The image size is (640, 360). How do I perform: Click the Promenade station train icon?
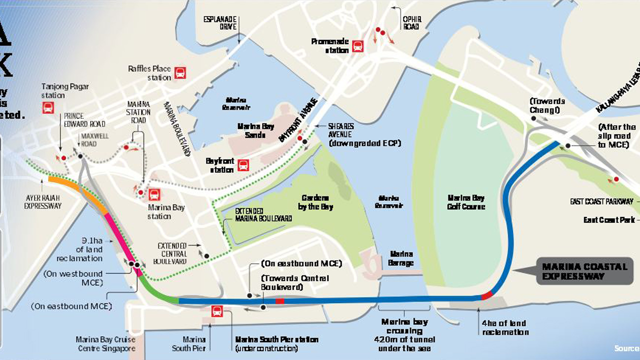357,46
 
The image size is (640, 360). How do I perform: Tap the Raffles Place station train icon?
180,73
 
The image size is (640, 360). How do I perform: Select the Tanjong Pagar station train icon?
48,107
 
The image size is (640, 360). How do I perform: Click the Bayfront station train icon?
243,165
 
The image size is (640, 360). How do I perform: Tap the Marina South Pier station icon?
217,311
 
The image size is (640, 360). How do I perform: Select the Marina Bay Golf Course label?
466,201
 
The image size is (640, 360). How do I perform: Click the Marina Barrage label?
401,258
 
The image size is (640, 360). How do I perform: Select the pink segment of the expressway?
122,240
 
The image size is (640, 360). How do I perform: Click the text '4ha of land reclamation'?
505,327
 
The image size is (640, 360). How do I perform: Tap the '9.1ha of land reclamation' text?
79,249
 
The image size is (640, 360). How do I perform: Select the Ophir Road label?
411,23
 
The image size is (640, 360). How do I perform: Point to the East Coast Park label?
608,220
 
